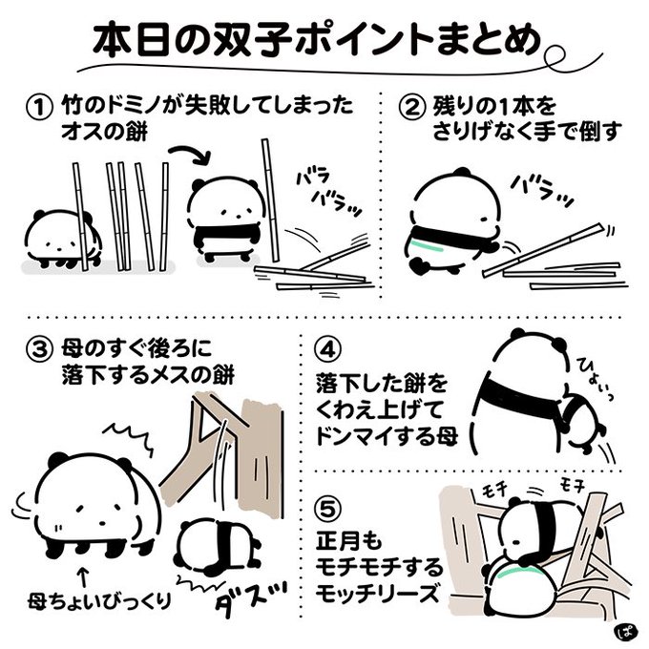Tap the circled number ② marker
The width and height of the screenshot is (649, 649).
[x=411, y=107]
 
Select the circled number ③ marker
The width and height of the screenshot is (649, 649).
[x=40, y=349]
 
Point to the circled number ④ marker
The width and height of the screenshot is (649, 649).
[x=329, y=349]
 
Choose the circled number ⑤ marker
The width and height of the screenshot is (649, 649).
[x=329, y=510]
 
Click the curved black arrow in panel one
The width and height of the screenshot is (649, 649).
[x=191, y=151]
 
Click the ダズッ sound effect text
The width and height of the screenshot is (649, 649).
[x=251, y=602]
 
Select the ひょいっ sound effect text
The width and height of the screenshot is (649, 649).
[x=595, y=379]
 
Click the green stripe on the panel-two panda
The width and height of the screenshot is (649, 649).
[x=428, y=246]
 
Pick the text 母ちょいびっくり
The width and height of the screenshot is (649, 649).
[x=99, y=601]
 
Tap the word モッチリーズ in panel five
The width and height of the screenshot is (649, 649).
[x=377, y=593]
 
